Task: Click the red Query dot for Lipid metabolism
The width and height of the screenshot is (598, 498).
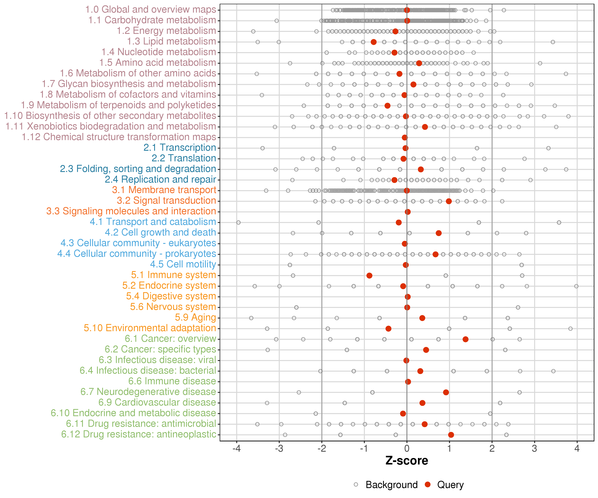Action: point(374,42)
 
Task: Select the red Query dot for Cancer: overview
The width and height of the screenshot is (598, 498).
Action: point(465,339)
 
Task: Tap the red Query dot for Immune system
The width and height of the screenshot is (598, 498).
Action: point(369,275)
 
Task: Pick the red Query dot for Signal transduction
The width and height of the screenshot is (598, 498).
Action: point(449,201)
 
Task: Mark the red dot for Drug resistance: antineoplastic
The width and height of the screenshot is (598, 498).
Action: point(451,435)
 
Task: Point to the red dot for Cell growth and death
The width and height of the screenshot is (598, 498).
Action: point(439,233)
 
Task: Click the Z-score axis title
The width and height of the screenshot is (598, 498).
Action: point(407,461)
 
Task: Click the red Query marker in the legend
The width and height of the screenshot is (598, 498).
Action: point(427,484)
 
